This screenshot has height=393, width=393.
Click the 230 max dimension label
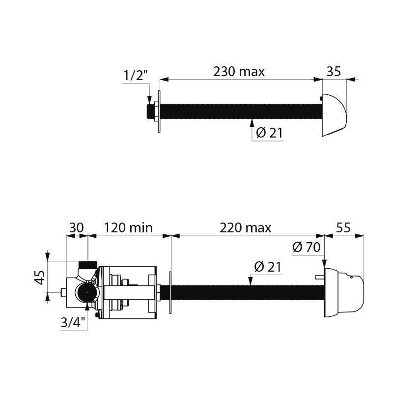click(x=239, y=72)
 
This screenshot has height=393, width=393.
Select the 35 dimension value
click(x=334, y=72)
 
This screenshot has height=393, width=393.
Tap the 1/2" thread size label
click(x=135, y=76)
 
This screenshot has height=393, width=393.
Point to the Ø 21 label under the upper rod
click(x=269, y=133)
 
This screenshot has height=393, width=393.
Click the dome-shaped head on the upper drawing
click(x=334, y=115)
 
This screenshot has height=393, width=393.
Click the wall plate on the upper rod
click(x=160, y=112)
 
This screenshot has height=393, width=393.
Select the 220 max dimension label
click(x=246, y=228)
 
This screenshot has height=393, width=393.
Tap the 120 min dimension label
click(x=128, y=228)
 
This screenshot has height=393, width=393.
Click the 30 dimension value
click(x=76, y=228)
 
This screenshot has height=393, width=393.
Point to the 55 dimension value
click(x=344, y=228)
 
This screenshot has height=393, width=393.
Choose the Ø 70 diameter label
click(x=306, y=247)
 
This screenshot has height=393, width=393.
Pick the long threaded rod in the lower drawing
click(x=246, y=292)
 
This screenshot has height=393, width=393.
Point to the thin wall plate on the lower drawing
click(x=170, y=292)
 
